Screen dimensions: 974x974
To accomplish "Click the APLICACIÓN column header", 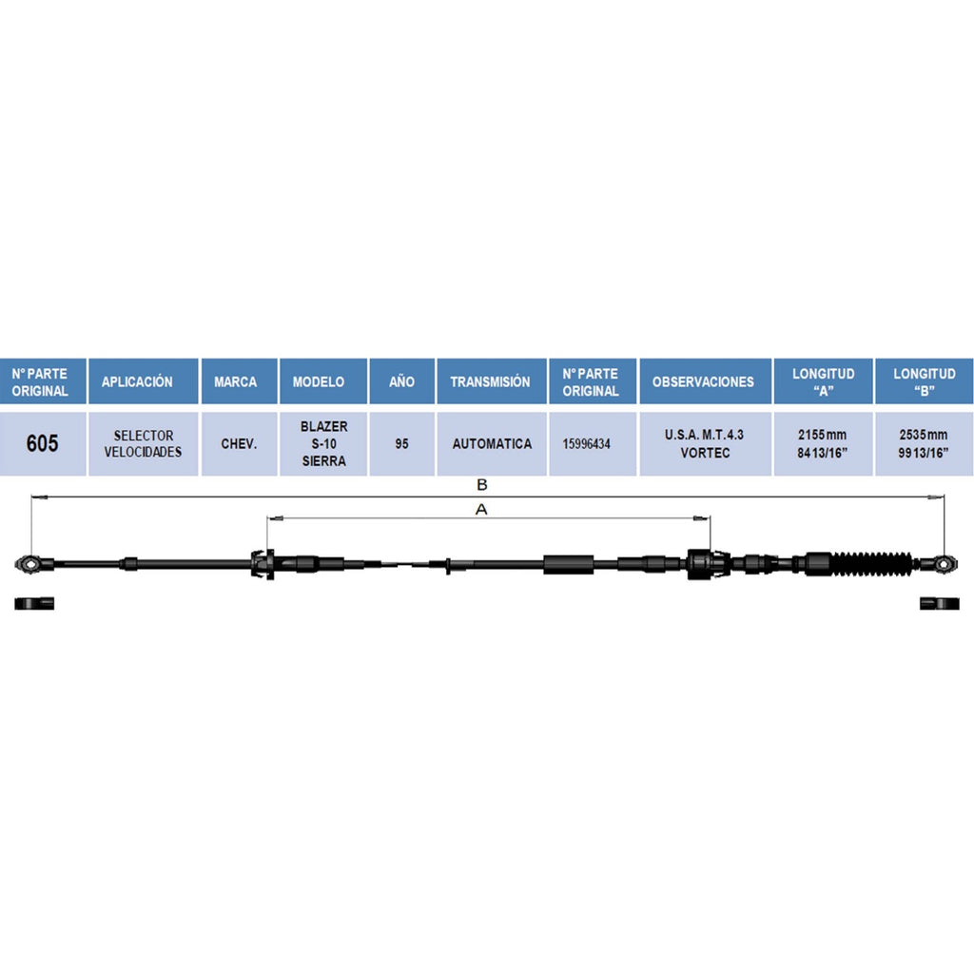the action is coord(143,381).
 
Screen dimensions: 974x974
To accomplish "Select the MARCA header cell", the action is coord(239,381).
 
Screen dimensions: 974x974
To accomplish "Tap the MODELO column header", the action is coord(323,381).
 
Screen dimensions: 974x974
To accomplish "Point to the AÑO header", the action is coord(402,381).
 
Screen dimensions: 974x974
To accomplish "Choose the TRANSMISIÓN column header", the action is coord(492,381).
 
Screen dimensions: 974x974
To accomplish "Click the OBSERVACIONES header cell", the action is coord(705,381).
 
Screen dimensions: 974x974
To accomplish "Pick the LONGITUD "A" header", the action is coord(823,381).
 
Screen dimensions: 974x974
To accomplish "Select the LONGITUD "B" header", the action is coord(924,381).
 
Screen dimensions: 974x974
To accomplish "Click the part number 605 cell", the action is coord(42,443).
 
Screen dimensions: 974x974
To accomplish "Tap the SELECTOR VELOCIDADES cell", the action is coord(143,443).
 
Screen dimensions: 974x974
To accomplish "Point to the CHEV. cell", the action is coord(239,443).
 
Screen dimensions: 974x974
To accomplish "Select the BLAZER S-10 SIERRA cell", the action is coord(323,443).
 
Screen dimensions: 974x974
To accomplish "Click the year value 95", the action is coord(402,443).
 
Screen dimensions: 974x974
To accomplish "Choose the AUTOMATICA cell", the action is coord(492,443).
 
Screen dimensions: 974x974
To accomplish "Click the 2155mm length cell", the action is coord(823,443).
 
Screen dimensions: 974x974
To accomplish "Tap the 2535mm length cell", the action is coord(924,443).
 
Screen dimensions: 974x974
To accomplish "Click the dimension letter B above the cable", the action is coord(481,485).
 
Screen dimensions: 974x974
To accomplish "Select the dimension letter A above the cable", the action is coord(481,510).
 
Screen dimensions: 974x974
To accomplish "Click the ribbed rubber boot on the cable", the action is coord(871,563).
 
